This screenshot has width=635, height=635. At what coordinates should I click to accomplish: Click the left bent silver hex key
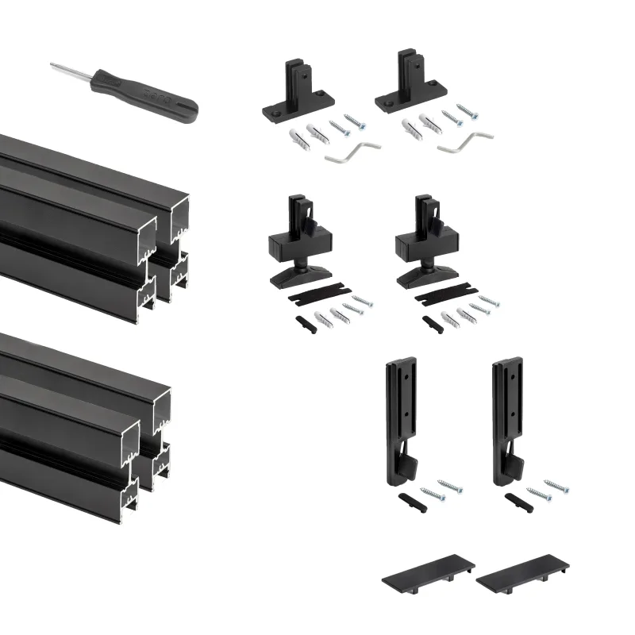pos(353,152)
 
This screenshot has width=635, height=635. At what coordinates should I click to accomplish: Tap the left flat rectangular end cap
pos(428,572)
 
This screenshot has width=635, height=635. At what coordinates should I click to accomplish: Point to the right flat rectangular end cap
pos(523,570)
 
